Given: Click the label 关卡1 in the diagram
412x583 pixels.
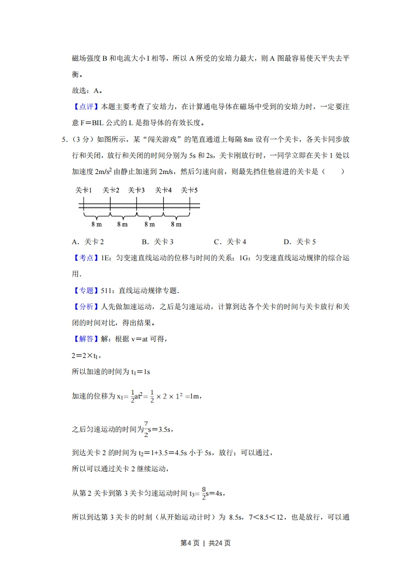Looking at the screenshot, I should pos(84,190).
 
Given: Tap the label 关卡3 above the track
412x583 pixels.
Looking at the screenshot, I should pos(136,190).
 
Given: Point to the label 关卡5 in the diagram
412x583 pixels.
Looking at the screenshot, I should pos(190,190).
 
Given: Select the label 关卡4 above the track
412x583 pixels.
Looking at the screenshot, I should pos(163,190).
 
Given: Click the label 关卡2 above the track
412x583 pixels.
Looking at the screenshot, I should pos(111,190).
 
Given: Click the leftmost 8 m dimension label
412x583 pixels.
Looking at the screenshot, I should pos(96,224).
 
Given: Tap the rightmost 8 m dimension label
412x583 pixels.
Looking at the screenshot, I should pos(176,224).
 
